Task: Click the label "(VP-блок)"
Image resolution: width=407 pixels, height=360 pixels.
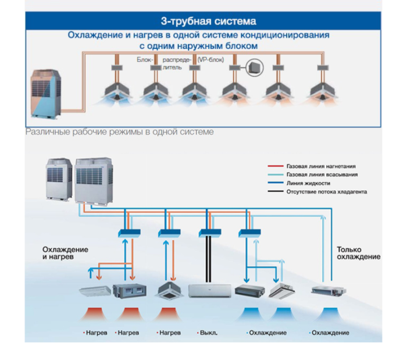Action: tap(210, 59)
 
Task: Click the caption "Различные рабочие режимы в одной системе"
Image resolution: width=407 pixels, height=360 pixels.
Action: tap(119, 132)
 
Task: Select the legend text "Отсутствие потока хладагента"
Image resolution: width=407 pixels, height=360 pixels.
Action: tap(326, 191)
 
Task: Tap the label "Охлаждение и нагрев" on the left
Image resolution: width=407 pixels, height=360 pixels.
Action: tap(65, 253)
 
